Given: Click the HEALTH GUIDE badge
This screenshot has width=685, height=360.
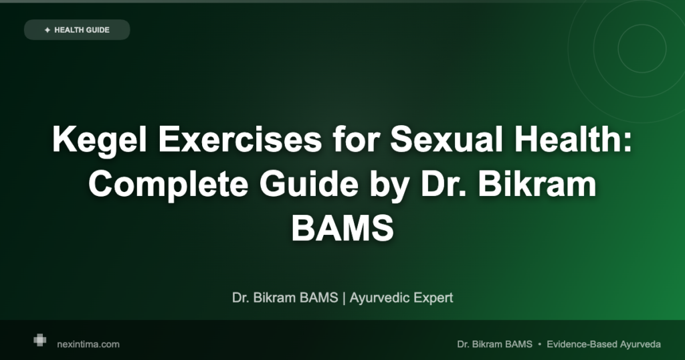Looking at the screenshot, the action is (77, 29).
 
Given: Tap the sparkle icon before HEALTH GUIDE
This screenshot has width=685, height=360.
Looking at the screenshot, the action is (47, 30).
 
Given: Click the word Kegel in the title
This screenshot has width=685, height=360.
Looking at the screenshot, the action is (100, 141).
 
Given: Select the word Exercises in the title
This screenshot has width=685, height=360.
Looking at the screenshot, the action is (240, 139).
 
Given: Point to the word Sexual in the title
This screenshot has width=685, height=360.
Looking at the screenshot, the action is (446, 139).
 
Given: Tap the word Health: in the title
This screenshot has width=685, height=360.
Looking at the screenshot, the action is (573, 139).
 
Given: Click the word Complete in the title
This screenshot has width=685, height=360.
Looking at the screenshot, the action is (169, 185).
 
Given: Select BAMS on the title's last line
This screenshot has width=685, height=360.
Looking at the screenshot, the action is (342, 228).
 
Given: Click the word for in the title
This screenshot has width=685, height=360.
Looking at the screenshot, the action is (356, 139).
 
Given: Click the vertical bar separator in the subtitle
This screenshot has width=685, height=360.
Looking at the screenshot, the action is (344, 298).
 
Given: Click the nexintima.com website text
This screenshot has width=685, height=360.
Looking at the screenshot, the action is (88, 344).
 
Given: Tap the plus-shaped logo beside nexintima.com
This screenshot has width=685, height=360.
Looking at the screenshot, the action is (39, 340).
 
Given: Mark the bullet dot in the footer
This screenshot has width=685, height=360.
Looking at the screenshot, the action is (540, 344).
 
